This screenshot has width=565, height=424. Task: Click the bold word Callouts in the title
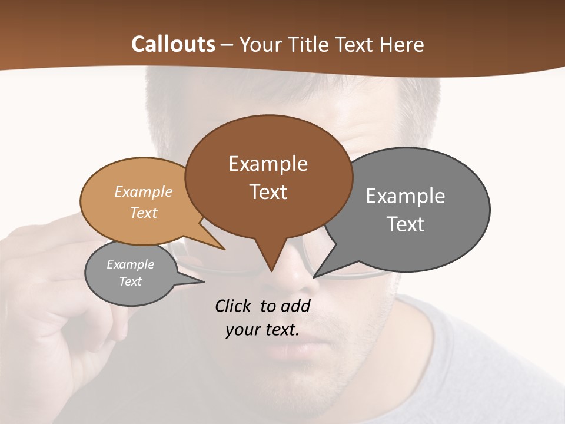tap(173, 44)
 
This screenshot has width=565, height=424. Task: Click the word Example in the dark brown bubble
tap(268, 164)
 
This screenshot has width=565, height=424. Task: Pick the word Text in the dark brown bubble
tap(268, 192)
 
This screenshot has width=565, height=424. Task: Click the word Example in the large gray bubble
tap(406, 196)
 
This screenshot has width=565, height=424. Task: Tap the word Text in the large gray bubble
tap(406, 224)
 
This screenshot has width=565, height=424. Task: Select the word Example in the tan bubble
tap(143, 192)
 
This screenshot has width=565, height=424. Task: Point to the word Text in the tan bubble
tap(143, 213)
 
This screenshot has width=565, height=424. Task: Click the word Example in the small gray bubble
tap(130, 264)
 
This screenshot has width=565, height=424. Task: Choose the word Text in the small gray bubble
tap(130, 281)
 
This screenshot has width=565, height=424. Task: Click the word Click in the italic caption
tap(234, 306)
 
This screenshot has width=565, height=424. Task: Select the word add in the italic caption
tap(295, 306)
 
